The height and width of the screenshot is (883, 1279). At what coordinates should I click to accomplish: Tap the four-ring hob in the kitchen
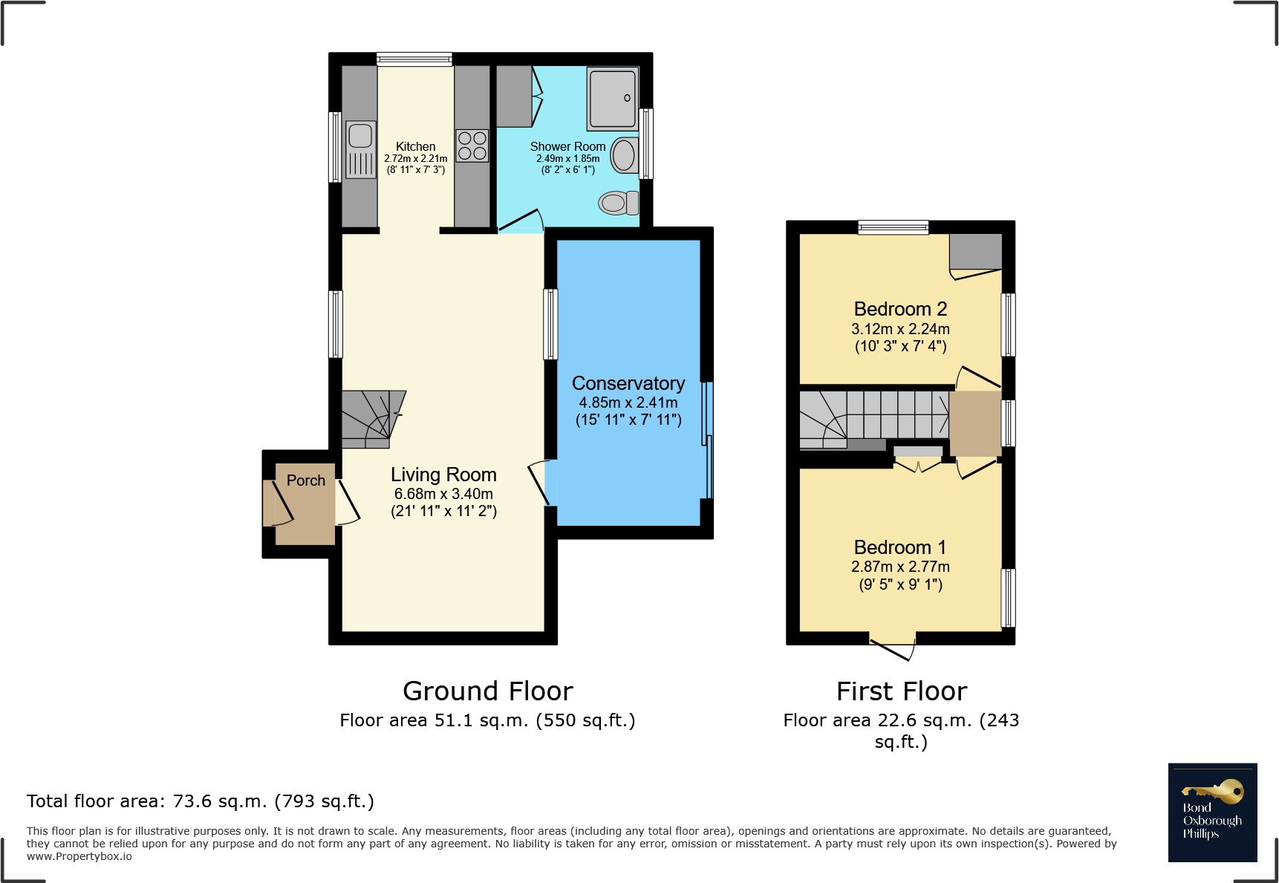(472, 146)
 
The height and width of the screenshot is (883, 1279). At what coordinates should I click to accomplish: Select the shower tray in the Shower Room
(613, 99)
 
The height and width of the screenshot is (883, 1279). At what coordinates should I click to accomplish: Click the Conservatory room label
(628, 383)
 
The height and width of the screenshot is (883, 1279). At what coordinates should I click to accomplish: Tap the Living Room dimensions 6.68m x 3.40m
(443, 494)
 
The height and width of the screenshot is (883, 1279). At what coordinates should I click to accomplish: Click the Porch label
(306, 480)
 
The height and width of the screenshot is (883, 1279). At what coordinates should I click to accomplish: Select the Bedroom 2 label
(900, 309)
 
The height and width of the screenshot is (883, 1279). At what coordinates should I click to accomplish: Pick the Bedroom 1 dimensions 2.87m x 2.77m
(900, 567)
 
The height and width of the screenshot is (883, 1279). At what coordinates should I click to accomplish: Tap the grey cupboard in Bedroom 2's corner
(975, 252)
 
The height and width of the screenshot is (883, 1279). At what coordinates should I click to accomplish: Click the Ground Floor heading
(488, 691)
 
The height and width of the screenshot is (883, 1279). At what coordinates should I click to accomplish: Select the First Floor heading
(902, 691)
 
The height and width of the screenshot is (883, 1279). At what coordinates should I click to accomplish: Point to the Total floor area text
(201, 801)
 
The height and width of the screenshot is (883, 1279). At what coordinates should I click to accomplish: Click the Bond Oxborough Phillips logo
(1212, 812)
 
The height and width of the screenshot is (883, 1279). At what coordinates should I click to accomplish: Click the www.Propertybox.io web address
(79, 856)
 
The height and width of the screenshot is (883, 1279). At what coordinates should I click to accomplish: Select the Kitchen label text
(415, 146)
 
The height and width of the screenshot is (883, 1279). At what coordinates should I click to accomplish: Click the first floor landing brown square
(975, 423)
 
